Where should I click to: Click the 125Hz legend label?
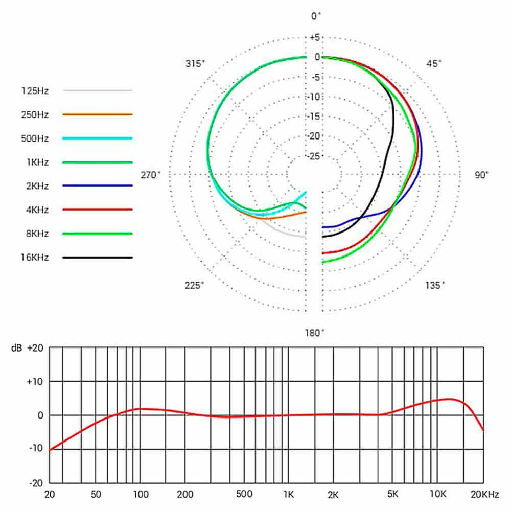pyautogui.click(x=35, y=90)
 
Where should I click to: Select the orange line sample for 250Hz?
pyautogui.click(x=97, y=114)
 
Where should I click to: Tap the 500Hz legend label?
pyautogui.click(x=35, y=138)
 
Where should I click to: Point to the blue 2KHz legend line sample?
pyautogui.click(x=97, y=186)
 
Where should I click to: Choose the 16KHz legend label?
pyautogui.click(x=35, y=258)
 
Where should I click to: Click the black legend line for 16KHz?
pyautogui.click(x=97, y=258)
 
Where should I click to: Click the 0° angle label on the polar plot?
pyautogui.click(x=316, y=16)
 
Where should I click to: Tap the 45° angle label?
pyautogui.click(x=434, y=64)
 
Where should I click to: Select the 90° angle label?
pyautogui.click(x=481, y=175)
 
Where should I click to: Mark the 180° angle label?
pyautogui.click(x=314, y=333)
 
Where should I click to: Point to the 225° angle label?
pyautogui.click(x=195, y=285)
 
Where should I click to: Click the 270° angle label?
pyautogui.click(x=150, y=175)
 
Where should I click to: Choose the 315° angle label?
pyautogui.click(x=195, y=64)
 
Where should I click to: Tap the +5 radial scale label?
pyautogui.click(x=314, y=37)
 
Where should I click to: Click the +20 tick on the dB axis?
pyautogui.click(x=35, y=347)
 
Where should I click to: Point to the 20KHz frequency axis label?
pyautogui.click(x=483, y=494)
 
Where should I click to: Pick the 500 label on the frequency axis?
pyautogui.click(x=244, y=494)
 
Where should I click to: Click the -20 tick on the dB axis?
pyautogui.click(x=37, y=482)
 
